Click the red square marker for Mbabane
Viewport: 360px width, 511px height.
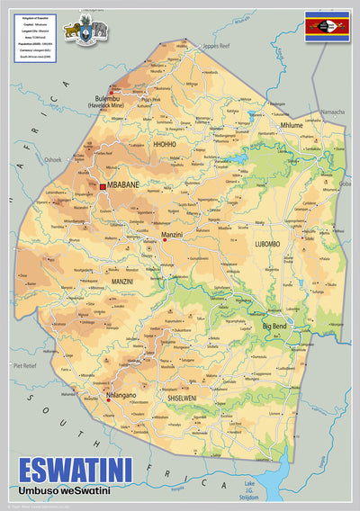click(103, 186)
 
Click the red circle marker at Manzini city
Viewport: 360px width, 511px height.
click(165, 240)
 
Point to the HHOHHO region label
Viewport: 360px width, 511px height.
click(165, 143)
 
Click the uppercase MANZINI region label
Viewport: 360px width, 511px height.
click(122, 282)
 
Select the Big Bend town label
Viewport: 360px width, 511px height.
click(279, 326)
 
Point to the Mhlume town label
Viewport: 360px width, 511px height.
click(292, 125)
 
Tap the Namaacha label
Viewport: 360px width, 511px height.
click(332, 112)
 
